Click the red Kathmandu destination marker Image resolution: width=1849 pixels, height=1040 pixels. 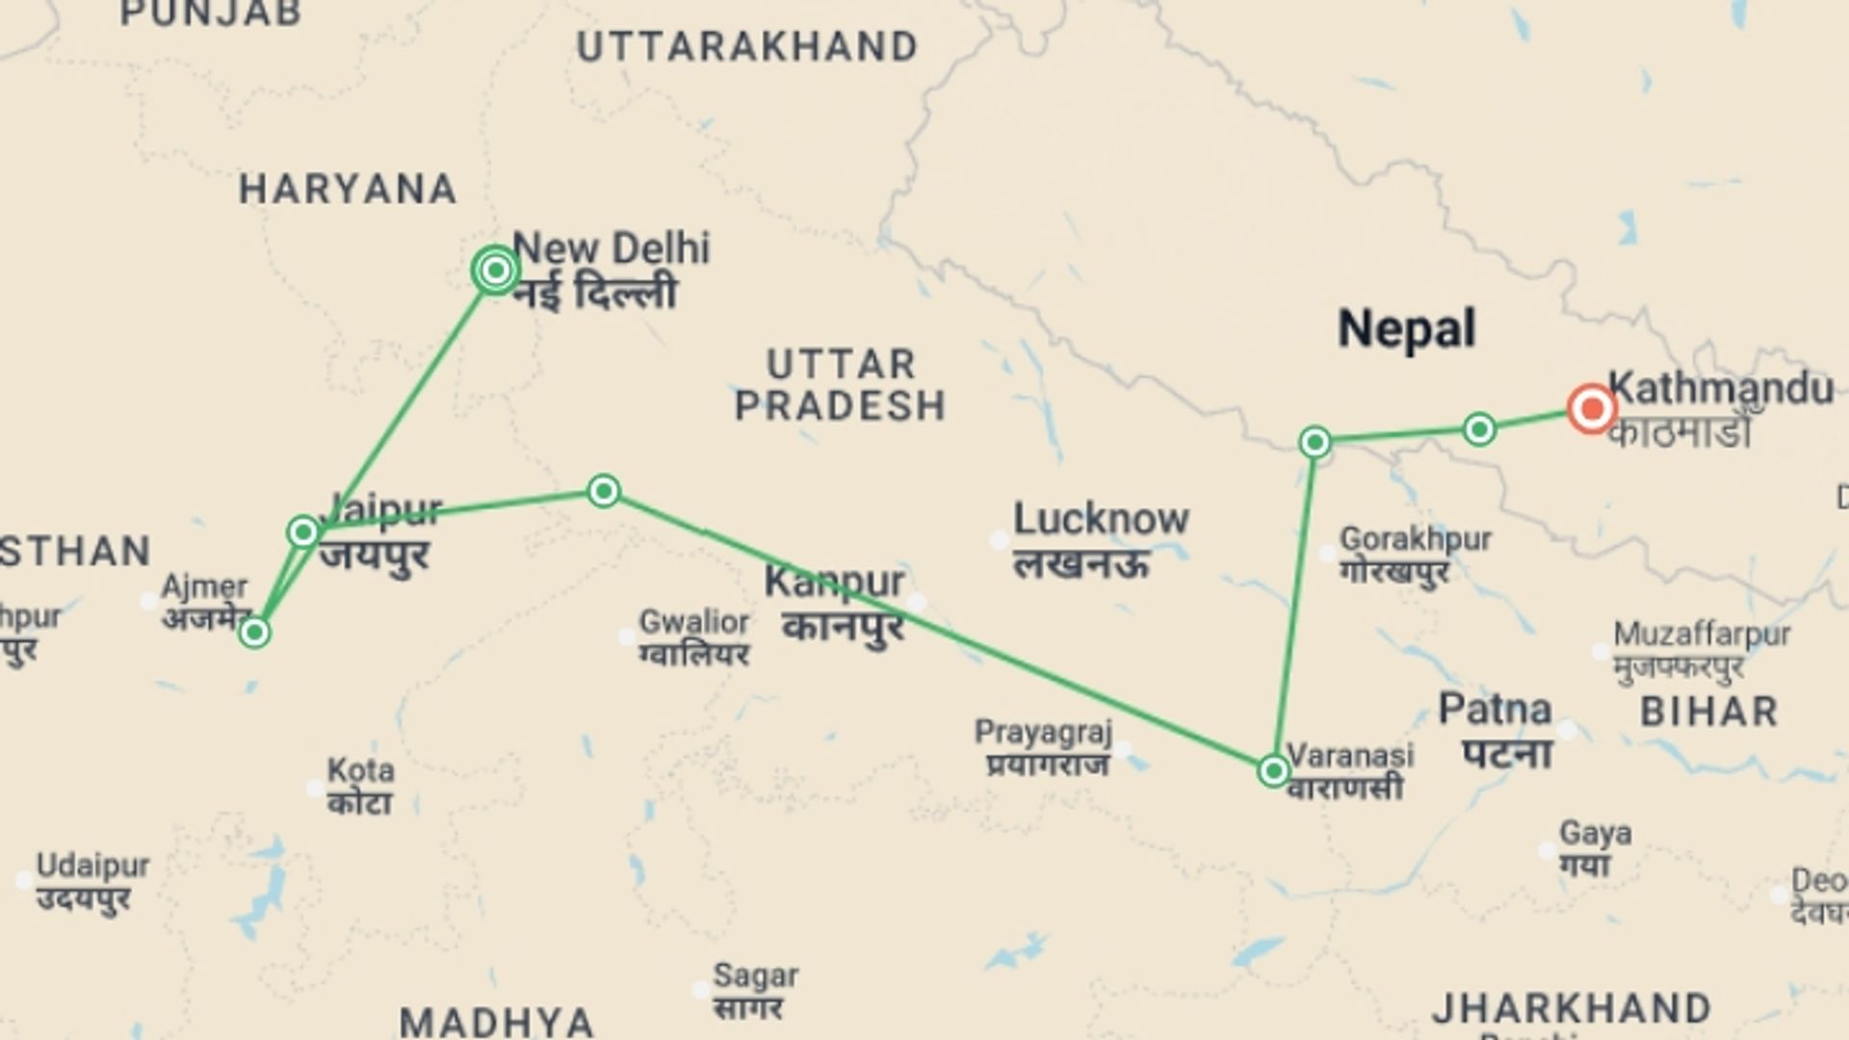(x=1591, y=409)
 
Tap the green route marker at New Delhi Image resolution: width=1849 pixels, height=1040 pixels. (x=495, y=271)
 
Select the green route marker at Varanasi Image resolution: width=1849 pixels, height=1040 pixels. (x=1273, y=770)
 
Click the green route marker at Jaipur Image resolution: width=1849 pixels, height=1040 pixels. (x=303, y=532)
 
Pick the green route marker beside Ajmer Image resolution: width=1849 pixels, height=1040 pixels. (x=254, y=633)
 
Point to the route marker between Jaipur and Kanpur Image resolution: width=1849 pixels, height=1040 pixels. (x=604, y=491)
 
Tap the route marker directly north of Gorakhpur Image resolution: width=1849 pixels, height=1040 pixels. (x=1315, y=442)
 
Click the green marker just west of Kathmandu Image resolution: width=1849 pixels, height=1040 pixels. (x=1479, y=429)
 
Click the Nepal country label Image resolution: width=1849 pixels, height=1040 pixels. (x=1406, y=329)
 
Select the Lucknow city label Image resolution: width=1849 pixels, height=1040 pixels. (x=1101, y=520)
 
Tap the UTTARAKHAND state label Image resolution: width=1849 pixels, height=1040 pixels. (x=747, y=47)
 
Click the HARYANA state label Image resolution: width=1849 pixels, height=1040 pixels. (x=348, y=189)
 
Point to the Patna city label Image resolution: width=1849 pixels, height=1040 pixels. (x=1495, y=711)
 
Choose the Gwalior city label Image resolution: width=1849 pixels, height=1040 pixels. (x=694, y=622)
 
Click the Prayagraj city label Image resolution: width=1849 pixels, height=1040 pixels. (x=1043, y=733)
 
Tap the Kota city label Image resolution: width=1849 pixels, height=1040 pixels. (x=360, y=770)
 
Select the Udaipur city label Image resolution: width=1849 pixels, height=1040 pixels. (x=92, y=866)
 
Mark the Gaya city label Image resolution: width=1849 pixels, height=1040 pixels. (x=1595, y=833)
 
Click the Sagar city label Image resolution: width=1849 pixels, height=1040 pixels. (x=755, y=976)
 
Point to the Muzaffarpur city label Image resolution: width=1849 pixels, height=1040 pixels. (x=1702, y=635)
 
